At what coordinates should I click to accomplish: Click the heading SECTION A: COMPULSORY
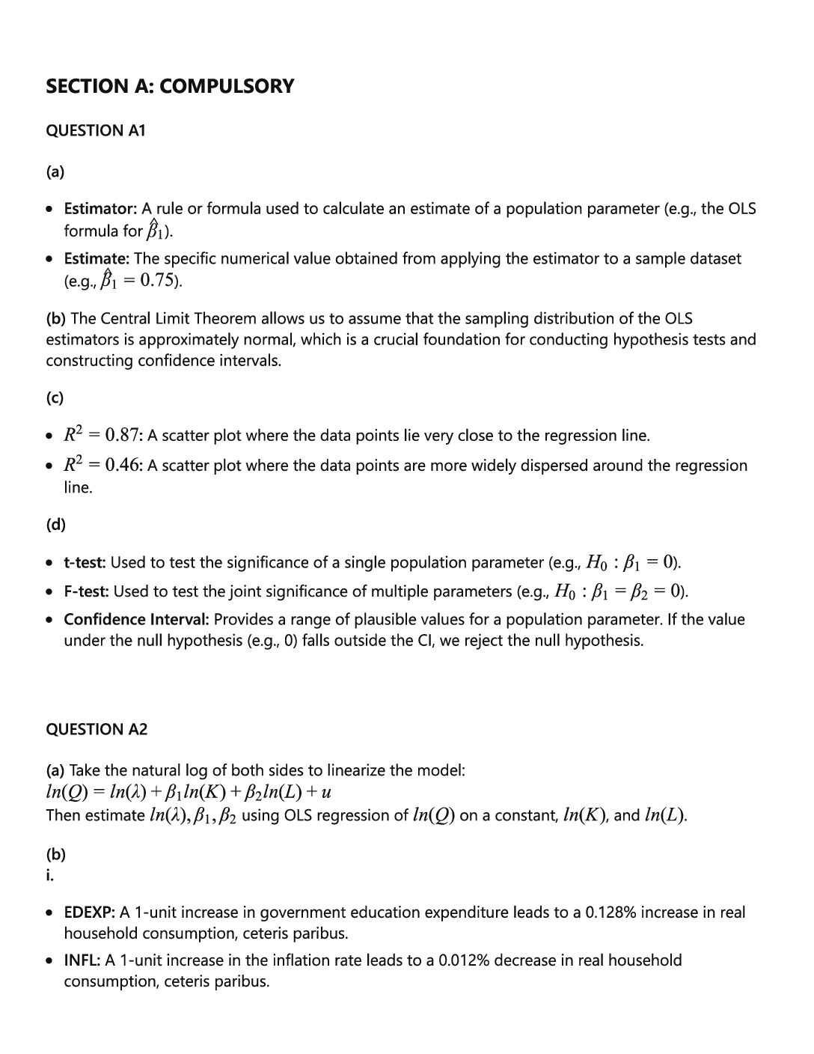tap(170, 86)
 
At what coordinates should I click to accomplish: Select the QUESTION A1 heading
tap(96, 130)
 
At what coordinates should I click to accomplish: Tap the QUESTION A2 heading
tap(97, 729)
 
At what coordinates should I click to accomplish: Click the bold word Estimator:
tap(100, 209)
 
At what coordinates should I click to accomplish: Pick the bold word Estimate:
tap(97, 259)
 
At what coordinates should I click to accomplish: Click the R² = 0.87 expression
tap(102, 435)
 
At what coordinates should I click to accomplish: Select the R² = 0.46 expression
tap(102, 465)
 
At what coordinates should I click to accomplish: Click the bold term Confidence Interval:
tap(136, 620)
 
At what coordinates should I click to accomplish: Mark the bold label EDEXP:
tap(89, 913)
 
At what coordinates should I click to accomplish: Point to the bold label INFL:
tap(82, 960)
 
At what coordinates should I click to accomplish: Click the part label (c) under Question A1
tap(55, 397)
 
